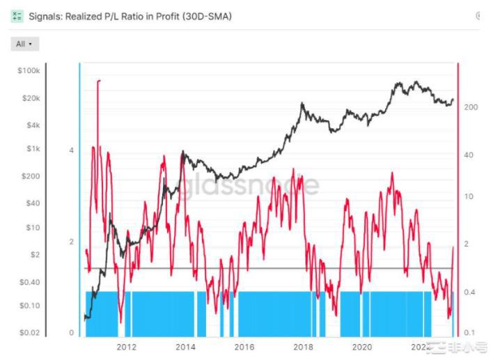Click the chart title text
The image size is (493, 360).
point(130,16)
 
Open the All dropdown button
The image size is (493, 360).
point(25,44)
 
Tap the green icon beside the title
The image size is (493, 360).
point(17,16)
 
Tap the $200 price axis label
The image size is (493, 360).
point(31,176)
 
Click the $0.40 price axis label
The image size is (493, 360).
point(30,282)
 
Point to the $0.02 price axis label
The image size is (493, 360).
point(30,333)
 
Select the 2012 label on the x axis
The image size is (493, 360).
point(126,347)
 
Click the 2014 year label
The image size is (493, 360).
point(185,347)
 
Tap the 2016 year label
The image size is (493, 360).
point(244,347)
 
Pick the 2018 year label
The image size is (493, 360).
point(303,347)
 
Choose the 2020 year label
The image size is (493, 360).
point(361,347)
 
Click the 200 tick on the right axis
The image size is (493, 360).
point(471,107)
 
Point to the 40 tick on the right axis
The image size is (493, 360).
point(469,155)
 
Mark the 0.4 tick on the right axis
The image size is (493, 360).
point(470,292)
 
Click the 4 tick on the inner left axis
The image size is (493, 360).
point(72,150)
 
